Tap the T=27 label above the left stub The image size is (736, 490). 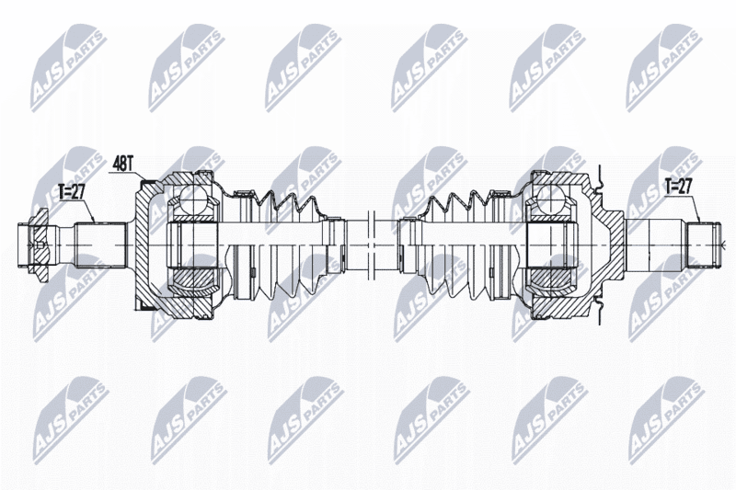click(x=71, y=192)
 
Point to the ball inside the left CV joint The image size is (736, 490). click(x=193, y=197)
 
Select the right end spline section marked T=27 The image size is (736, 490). click(x=703, y=245)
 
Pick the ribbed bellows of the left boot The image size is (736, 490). click(x=286, y=245)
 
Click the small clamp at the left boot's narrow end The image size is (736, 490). click(x=335, y=245)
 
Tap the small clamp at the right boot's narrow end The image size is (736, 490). click(x=406, y=245)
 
